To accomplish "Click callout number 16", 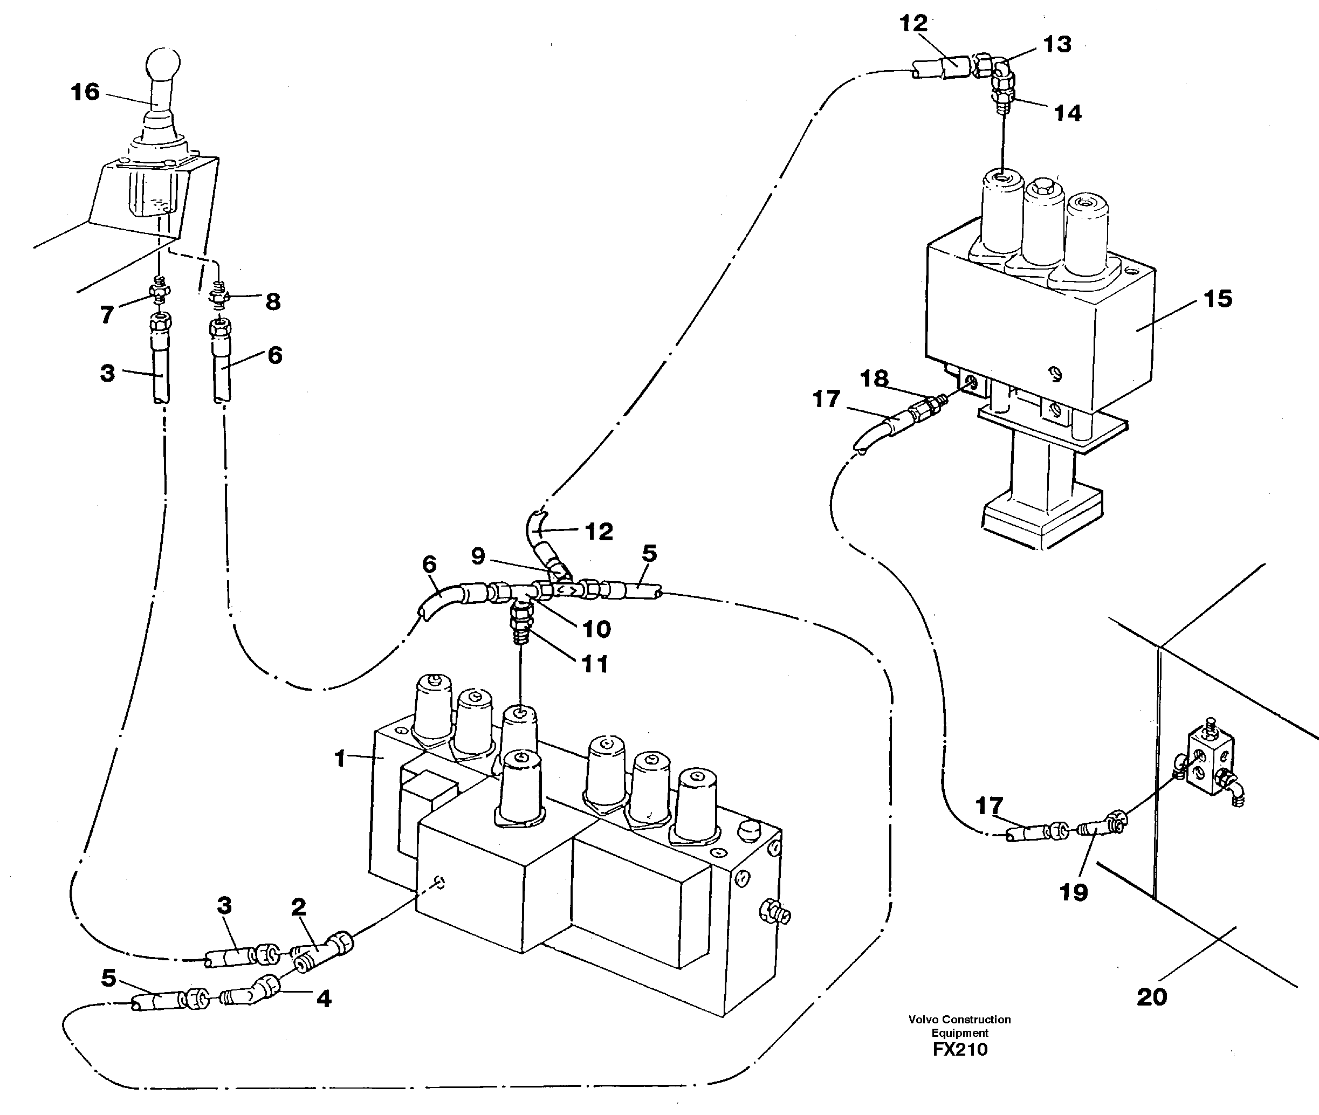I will click(85, 92).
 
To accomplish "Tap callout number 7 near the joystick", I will click(107, 314).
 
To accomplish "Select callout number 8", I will click(272, 301).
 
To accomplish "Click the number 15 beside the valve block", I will click(1217, 299).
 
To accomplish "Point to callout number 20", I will click(1151, 997).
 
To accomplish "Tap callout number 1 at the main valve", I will click(341, 759).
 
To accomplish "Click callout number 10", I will click(596, 629).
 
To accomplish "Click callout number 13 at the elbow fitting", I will click(1057, 44).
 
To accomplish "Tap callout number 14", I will click(1068, 113).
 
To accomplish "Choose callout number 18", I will click(874, 378).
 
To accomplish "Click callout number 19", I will click(1073, 892).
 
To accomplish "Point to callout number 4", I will click(324, 999).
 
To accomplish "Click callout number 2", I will click(298, 907).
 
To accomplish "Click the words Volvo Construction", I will click(959, 1020).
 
